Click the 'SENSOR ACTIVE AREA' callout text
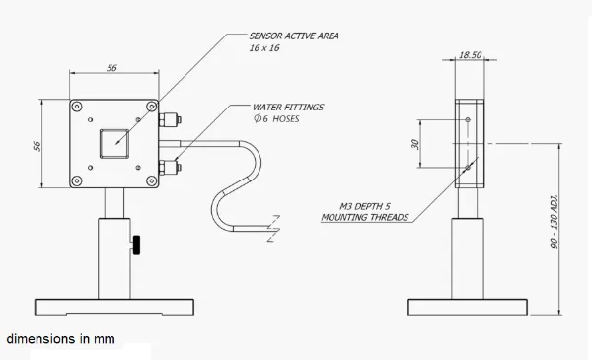click(x=294, y=36)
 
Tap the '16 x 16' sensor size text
click(x=264, y=48)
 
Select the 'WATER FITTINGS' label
click(x=288, y=108)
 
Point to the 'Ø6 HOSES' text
click(x=276, y=119)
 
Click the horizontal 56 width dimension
click(x=111, y=68)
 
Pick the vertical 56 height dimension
click(x=37, y=146)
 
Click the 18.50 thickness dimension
click(x=470, y=55)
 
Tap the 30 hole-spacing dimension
click(x=415, y=144)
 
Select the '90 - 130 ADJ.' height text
click(x=555, y=222)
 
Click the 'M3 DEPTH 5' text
click(x=365, y=206)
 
